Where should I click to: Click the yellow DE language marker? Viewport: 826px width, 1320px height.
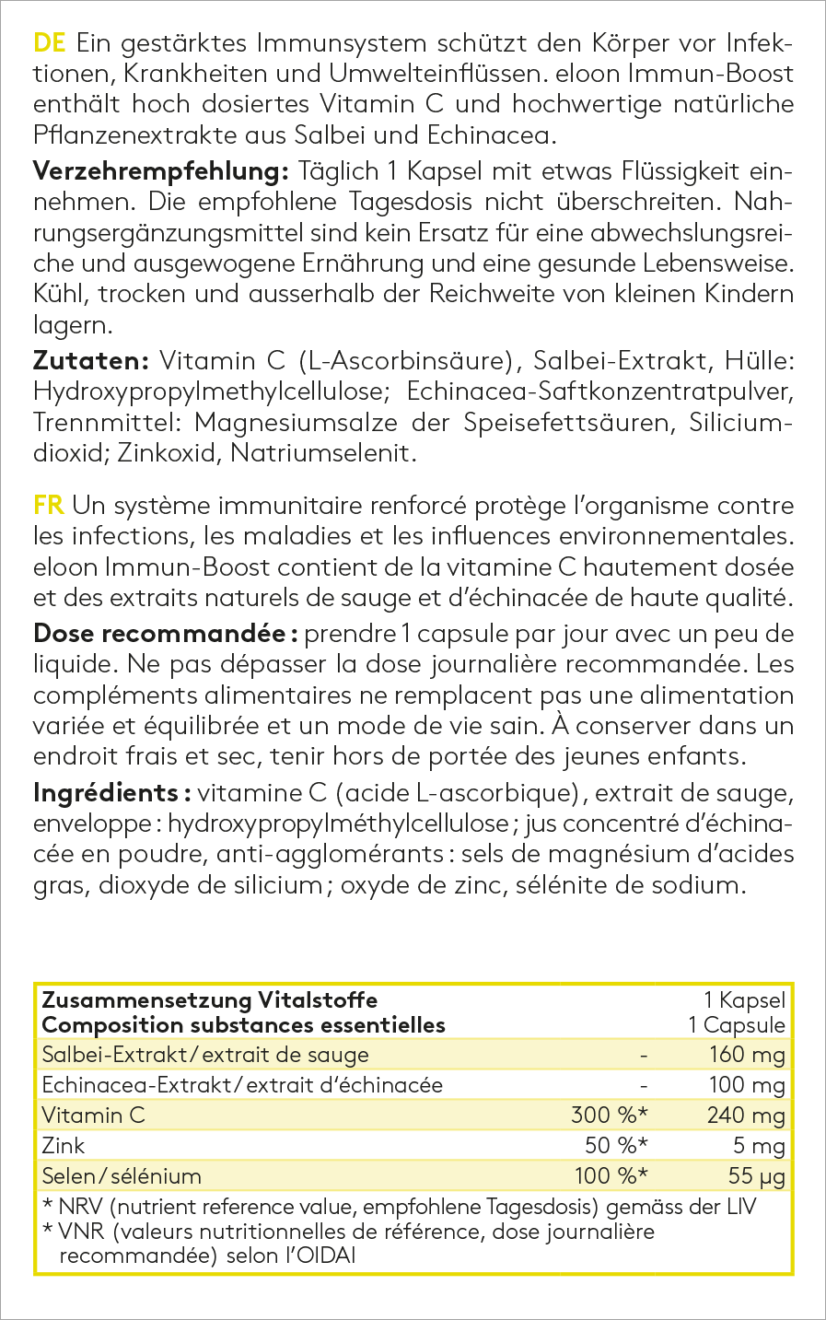[x=49, y=42]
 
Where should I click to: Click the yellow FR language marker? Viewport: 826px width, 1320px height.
[x=49, y=505]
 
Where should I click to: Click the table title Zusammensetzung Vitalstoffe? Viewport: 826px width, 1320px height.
[x=210, y=1000]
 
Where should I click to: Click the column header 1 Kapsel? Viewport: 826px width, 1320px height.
[x=744, y=1000]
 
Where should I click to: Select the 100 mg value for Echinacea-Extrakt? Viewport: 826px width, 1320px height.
[x=746, y=1085]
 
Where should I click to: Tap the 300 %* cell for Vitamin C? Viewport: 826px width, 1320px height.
[x=610, y=1116]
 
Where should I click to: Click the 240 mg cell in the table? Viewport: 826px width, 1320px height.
[x=746, y=1116]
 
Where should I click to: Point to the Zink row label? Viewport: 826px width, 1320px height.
[x=64, y=1146]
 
